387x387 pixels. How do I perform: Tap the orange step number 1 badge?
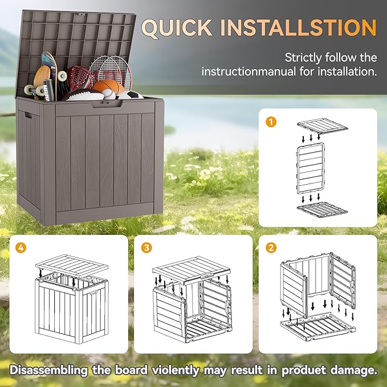click(x=272, y=121)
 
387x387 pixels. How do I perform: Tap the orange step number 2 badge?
click(x=272, y=248)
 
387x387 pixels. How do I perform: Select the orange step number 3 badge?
click(x=148, y=248)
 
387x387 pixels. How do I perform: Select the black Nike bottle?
click(x=48, y=89)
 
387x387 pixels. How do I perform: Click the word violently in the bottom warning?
click(x=174, y=369)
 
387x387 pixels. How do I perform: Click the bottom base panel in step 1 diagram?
click(x=322, y=210)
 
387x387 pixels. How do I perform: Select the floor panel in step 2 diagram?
click(x=316, y=329)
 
